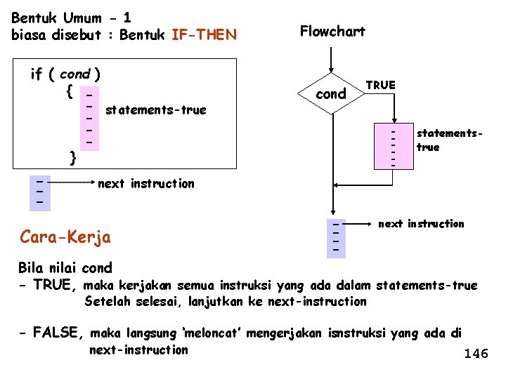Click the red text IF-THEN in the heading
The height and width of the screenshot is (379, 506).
(x=204, y=34)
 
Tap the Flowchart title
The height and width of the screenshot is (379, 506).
(x=332, y=31)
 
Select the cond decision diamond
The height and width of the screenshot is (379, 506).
(x=332, y=94)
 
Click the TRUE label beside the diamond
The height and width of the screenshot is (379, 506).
(x=381, y=85)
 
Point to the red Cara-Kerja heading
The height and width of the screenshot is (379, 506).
(x=65, y=237)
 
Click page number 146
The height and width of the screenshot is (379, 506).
(x=476, y=354)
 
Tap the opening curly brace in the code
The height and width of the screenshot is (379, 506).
(x=69, y=91)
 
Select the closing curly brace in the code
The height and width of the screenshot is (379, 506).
(x=72, y=157)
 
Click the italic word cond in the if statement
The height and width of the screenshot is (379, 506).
(x=74, y=74)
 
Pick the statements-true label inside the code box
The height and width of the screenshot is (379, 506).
(x=155, y=109)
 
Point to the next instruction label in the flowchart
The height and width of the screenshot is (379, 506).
(x=421, y=224)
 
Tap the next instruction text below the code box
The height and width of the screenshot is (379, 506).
(x=146, y=184)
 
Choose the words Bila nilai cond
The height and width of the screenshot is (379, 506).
(x=65, y=267)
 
